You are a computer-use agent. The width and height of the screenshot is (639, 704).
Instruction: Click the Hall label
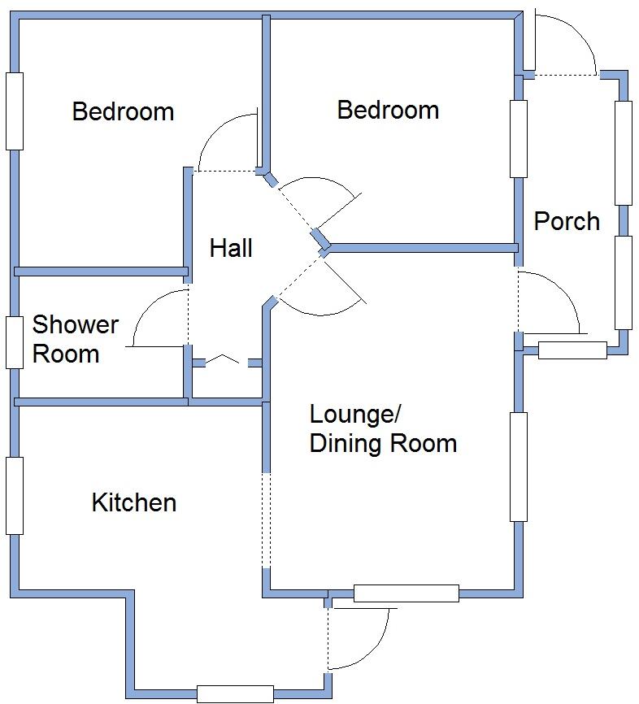tap(231, 248)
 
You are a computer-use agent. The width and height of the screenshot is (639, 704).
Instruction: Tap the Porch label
tap(567, 221)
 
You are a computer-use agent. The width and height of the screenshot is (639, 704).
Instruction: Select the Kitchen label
tap(134, 502)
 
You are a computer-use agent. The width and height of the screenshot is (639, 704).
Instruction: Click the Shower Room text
tap(75, 339)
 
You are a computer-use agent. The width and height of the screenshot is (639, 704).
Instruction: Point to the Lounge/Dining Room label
tap(382, 428)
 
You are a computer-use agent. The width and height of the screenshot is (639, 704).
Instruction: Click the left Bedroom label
tap(123, 111)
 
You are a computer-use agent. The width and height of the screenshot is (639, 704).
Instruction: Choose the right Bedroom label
tap(388, 110)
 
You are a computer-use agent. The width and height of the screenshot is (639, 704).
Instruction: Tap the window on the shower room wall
tap(14, 341)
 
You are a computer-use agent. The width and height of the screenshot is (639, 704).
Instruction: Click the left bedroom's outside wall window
tap(14, 111)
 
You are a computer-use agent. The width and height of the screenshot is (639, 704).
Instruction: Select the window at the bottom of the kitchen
tap(235, 693)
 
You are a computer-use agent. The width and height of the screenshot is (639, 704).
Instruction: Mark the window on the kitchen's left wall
tap(14, 496)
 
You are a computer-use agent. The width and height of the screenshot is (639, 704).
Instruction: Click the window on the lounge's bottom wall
tap(406, 593)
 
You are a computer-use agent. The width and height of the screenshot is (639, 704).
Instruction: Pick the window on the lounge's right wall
tap(518, 467)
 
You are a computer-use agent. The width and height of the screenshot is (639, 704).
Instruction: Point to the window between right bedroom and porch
tap(518, 138)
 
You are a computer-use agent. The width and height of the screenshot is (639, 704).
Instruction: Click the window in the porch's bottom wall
tap(572, 350)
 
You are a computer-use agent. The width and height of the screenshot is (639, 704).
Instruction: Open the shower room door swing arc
tap(154, 317)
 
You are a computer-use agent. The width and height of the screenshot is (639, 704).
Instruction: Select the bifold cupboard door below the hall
tap(220, 360)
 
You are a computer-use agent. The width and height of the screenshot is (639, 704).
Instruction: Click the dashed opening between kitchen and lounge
tap(265, 520)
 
